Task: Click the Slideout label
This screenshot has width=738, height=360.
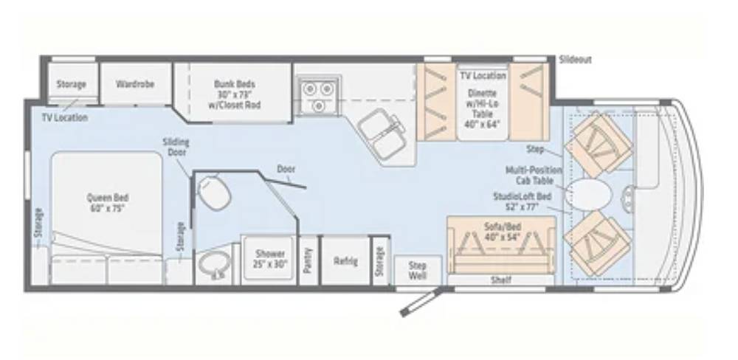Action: [575, 60]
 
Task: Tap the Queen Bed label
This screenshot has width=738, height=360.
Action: [107, 203]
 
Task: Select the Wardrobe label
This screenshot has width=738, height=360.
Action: [135, 84]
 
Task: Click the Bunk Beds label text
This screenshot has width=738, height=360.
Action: [235, 94]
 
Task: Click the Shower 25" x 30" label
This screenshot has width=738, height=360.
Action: [270, 259]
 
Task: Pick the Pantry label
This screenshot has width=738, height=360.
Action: [308, 260]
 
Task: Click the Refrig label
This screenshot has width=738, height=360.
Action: [345, 261]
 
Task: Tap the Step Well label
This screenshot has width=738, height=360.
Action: [417, 270]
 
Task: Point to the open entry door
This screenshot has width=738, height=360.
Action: [421, 302]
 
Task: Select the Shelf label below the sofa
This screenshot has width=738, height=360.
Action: [501, 280]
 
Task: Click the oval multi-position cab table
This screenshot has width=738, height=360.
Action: [589, 193]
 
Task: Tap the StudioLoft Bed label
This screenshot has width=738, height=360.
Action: [522, 201]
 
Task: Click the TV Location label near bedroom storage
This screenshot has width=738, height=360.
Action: [64, 117]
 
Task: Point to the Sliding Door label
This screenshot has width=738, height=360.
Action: [176, 147]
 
